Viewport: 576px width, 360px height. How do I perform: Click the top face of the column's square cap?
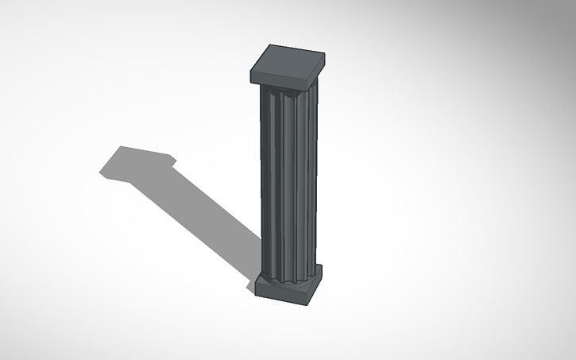pyautogui.click(x=288, y=60)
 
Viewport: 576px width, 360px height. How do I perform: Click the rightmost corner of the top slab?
pyautogui.click(x=326, y=55)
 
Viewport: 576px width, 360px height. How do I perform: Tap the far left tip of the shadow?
pyautogui.click(x=100, y=171)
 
